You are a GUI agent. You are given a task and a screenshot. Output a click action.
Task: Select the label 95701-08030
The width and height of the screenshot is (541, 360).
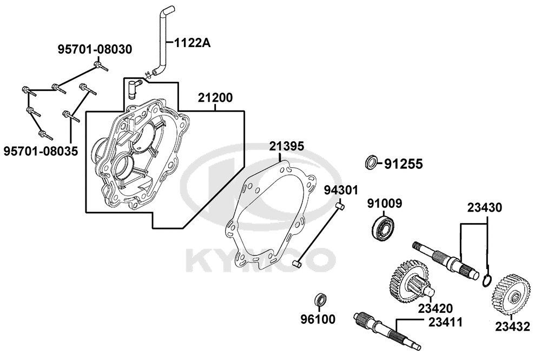click(95, 50)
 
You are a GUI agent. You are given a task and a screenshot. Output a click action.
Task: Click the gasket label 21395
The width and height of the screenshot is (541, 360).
click(287, 146)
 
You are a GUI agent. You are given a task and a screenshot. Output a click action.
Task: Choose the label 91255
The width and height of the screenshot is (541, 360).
click(403, 163)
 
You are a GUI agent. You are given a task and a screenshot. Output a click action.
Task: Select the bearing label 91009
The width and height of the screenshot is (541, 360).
click(385, 204)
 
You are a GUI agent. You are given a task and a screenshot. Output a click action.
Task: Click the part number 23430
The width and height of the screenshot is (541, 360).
click(485, 207)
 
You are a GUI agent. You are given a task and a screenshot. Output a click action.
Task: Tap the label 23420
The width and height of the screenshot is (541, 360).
click(435, 309)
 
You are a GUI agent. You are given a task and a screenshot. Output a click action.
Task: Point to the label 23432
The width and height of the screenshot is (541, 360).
click(512, 326)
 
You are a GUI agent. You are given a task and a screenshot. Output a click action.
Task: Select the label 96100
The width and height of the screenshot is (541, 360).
click(318, 319)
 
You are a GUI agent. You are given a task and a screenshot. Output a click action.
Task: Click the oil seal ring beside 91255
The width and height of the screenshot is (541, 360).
click(371, 162)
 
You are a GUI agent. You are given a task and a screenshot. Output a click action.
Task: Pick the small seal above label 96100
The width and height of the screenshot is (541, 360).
click(321, 299)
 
